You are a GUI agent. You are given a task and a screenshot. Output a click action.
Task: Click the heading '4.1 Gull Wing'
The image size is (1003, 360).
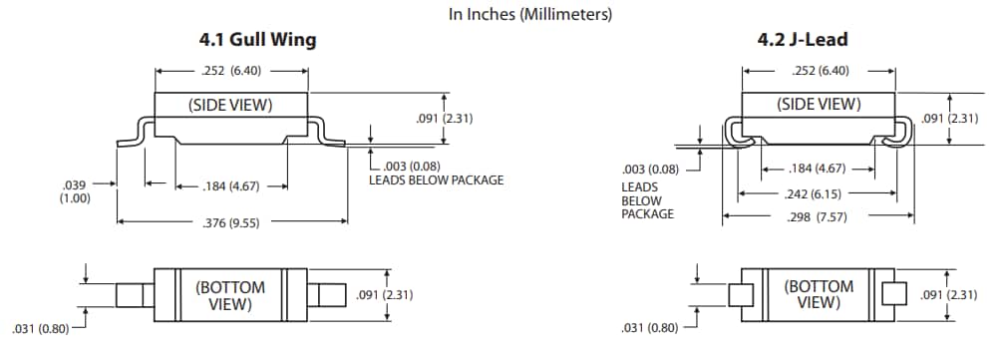pos(258,41)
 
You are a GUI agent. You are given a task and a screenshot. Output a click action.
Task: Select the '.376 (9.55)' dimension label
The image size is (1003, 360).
pos(230,223)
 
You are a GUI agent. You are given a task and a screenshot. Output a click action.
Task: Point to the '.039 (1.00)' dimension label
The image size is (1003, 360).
pos(76,191)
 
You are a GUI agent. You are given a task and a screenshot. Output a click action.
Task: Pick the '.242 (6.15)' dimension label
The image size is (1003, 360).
pos(816,193)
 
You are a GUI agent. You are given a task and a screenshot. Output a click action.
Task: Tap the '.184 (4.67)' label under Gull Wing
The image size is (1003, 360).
pos(230,186)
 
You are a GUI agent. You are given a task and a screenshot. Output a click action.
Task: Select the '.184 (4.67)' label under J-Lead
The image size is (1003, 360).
pos(817,170)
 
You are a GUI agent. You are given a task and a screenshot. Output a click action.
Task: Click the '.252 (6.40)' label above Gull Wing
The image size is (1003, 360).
pos(230,72)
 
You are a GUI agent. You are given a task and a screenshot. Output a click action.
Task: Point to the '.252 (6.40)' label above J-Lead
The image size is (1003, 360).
pos(819,72)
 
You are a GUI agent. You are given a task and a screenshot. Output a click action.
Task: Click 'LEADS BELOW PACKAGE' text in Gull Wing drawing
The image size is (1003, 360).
pos(436,180)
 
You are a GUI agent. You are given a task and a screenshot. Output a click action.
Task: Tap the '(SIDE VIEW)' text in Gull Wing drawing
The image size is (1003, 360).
pos(230,105)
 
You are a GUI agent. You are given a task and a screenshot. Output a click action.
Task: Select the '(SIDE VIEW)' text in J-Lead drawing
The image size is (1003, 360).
pos(819,104)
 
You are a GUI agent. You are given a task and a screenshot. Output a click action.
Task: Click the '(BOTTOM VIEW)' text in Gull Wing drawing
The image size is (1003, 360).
pos(230,295)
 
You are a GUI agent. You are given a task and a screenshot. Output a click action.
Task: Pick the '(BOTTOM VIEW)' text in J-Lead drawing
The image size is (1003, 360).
pos(819,294)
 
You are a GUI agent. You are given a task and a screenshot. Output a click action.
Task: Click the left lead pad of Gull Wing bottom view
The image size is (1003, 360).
pos(131,295)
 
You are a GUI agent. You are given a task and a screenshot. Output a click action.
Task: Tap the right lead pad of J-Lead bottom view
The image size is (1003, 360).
pos(894,294)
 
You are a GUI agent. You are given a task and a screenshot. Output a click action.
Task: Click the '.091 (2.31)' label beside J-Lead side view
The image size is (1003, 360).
pos(949,119)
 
